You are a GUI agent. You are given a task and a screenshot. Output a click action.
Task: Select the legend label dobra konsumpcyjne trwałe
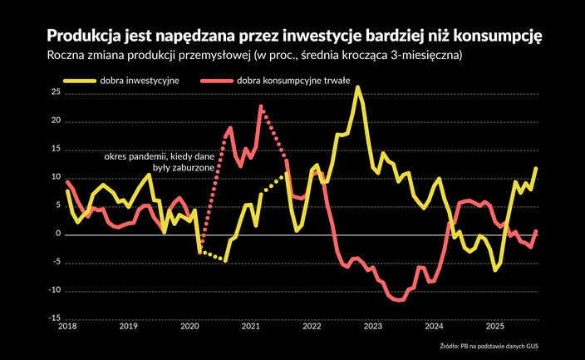tap(293, 81)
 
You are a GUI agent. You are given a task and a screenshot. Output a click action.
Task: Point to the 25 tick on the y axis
tap(55, 93)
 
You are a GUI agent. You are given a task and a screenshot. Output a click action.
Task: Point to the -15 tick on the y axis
tap(54, 318)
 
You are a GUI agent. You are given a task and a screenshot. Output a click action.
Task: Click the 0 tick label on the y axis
tap(58, 234)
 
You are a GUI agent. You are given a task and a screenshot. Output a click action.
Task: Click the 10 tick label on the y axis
tap(55, 178)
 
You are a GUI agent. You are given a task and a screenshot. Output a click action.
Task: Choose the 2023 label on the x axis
tap(372, 328)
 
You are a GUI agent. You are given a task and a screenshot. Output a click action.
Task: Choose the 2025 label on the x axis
tap(495, 328)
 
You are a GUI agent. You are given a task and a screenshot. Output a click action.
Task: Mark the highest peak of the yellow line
tap(357, 87)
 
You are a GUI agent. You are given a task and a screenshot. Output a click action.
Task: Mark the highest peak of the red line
tap(261, 106)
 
